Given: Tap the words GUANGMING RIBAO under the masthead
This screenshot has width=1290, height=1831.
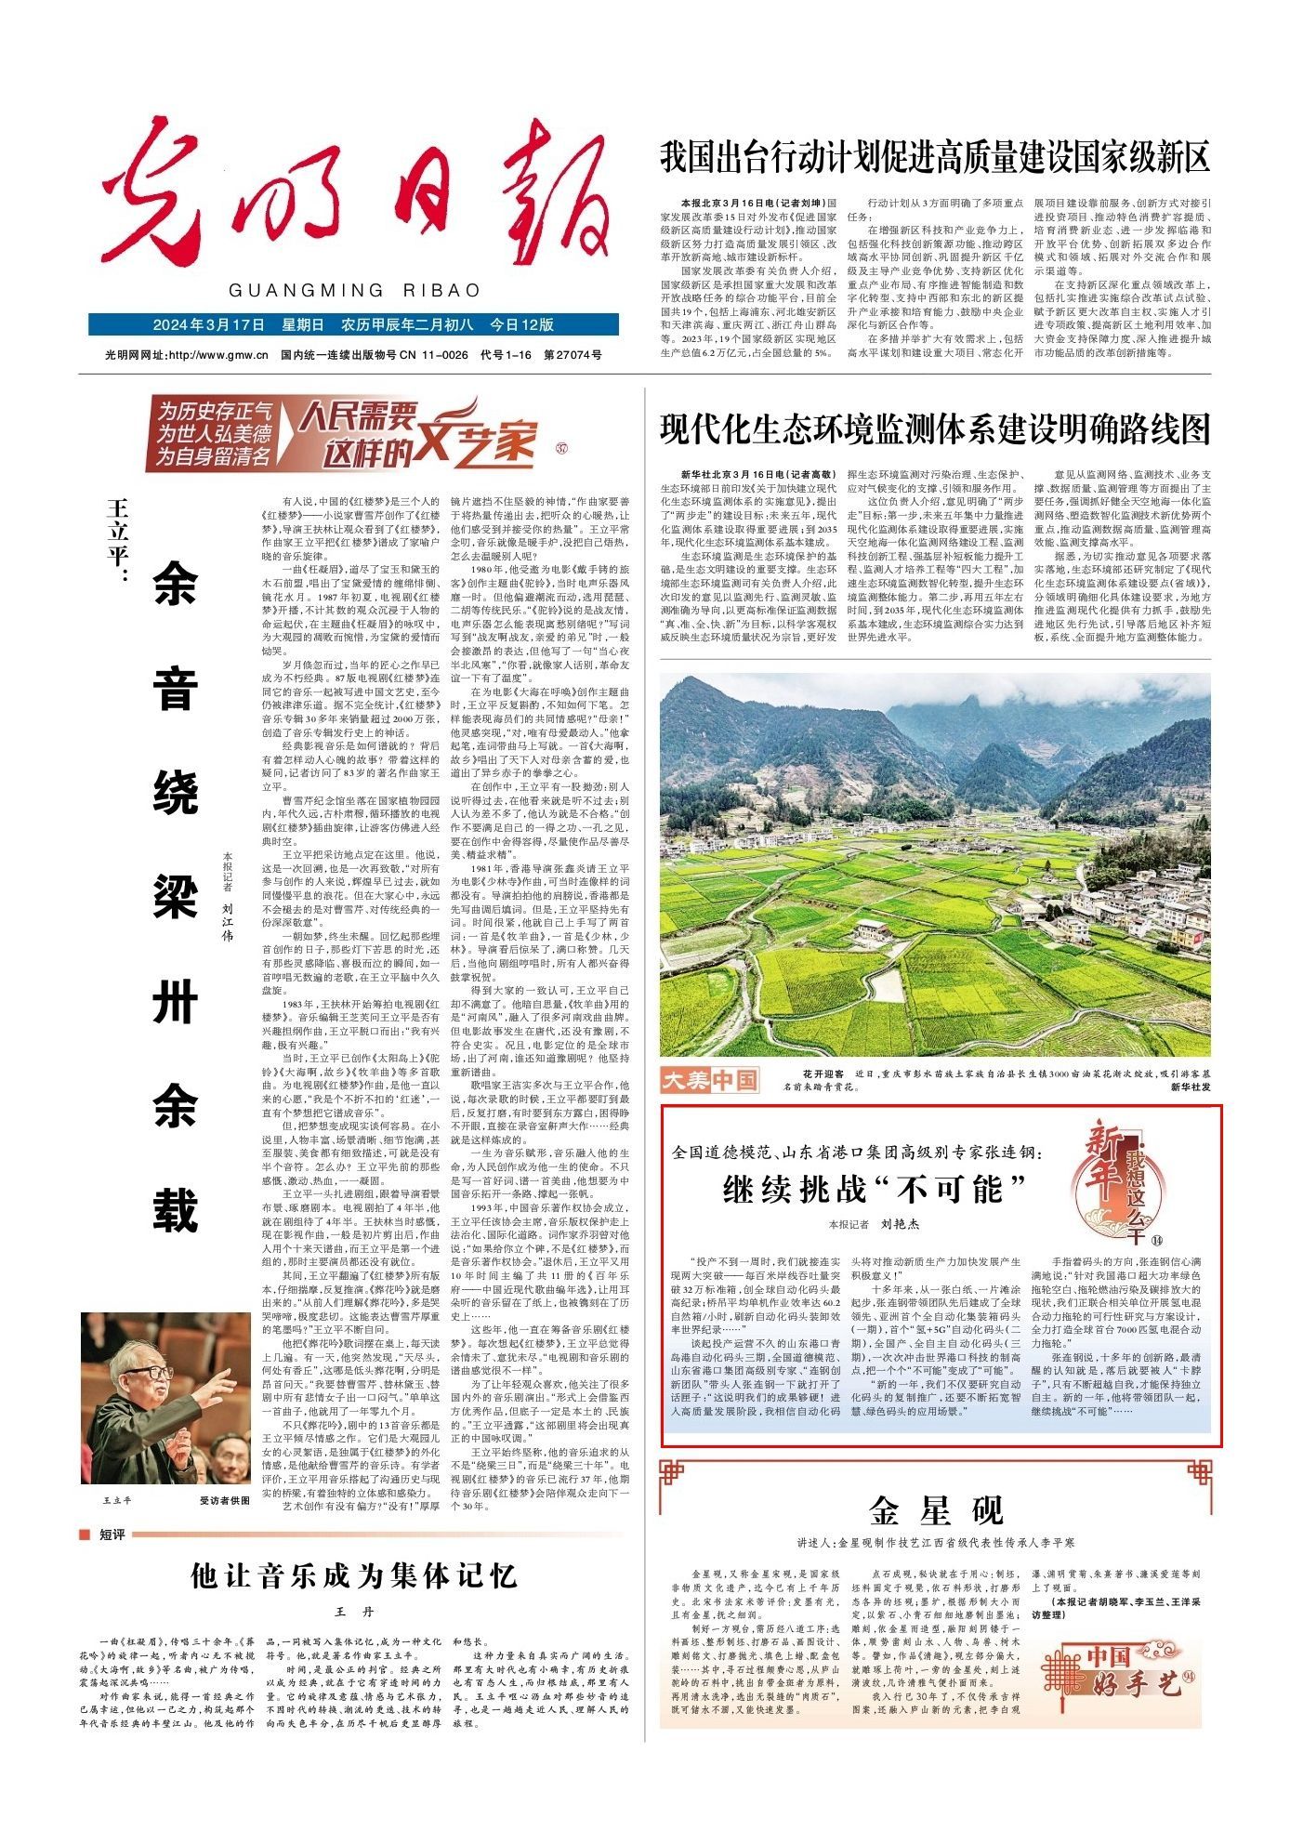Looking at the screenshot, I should [x=354, y=290].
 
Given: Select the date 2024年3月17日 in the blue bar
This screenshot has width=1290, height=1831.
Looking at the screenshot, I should [x=209, y=324].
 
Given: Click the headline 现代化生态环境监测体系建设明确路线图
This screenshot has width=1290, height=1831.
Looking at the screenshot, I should [x=935, y=429].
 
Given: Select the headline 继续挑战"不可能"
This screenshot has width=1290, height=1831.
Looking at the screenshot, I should [x=875, y=1188].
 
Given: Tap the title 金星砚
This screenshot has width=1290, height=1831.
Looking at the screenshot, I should [x=936, y=1510].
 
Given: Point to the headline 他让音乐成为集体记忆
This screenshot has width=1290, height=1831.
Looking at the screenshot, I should [x=353, y=1574].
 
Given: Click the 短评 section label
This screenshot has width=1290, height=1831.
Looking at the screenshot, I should [x=112, y=1534].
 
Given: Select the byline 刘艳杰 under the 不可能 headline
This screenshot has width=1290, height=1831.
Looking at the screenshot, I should [x=900, y=1224].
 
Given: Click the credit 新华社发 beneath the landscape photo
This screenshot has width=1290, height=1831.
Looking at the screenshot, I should [x=1190, y=1086].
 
